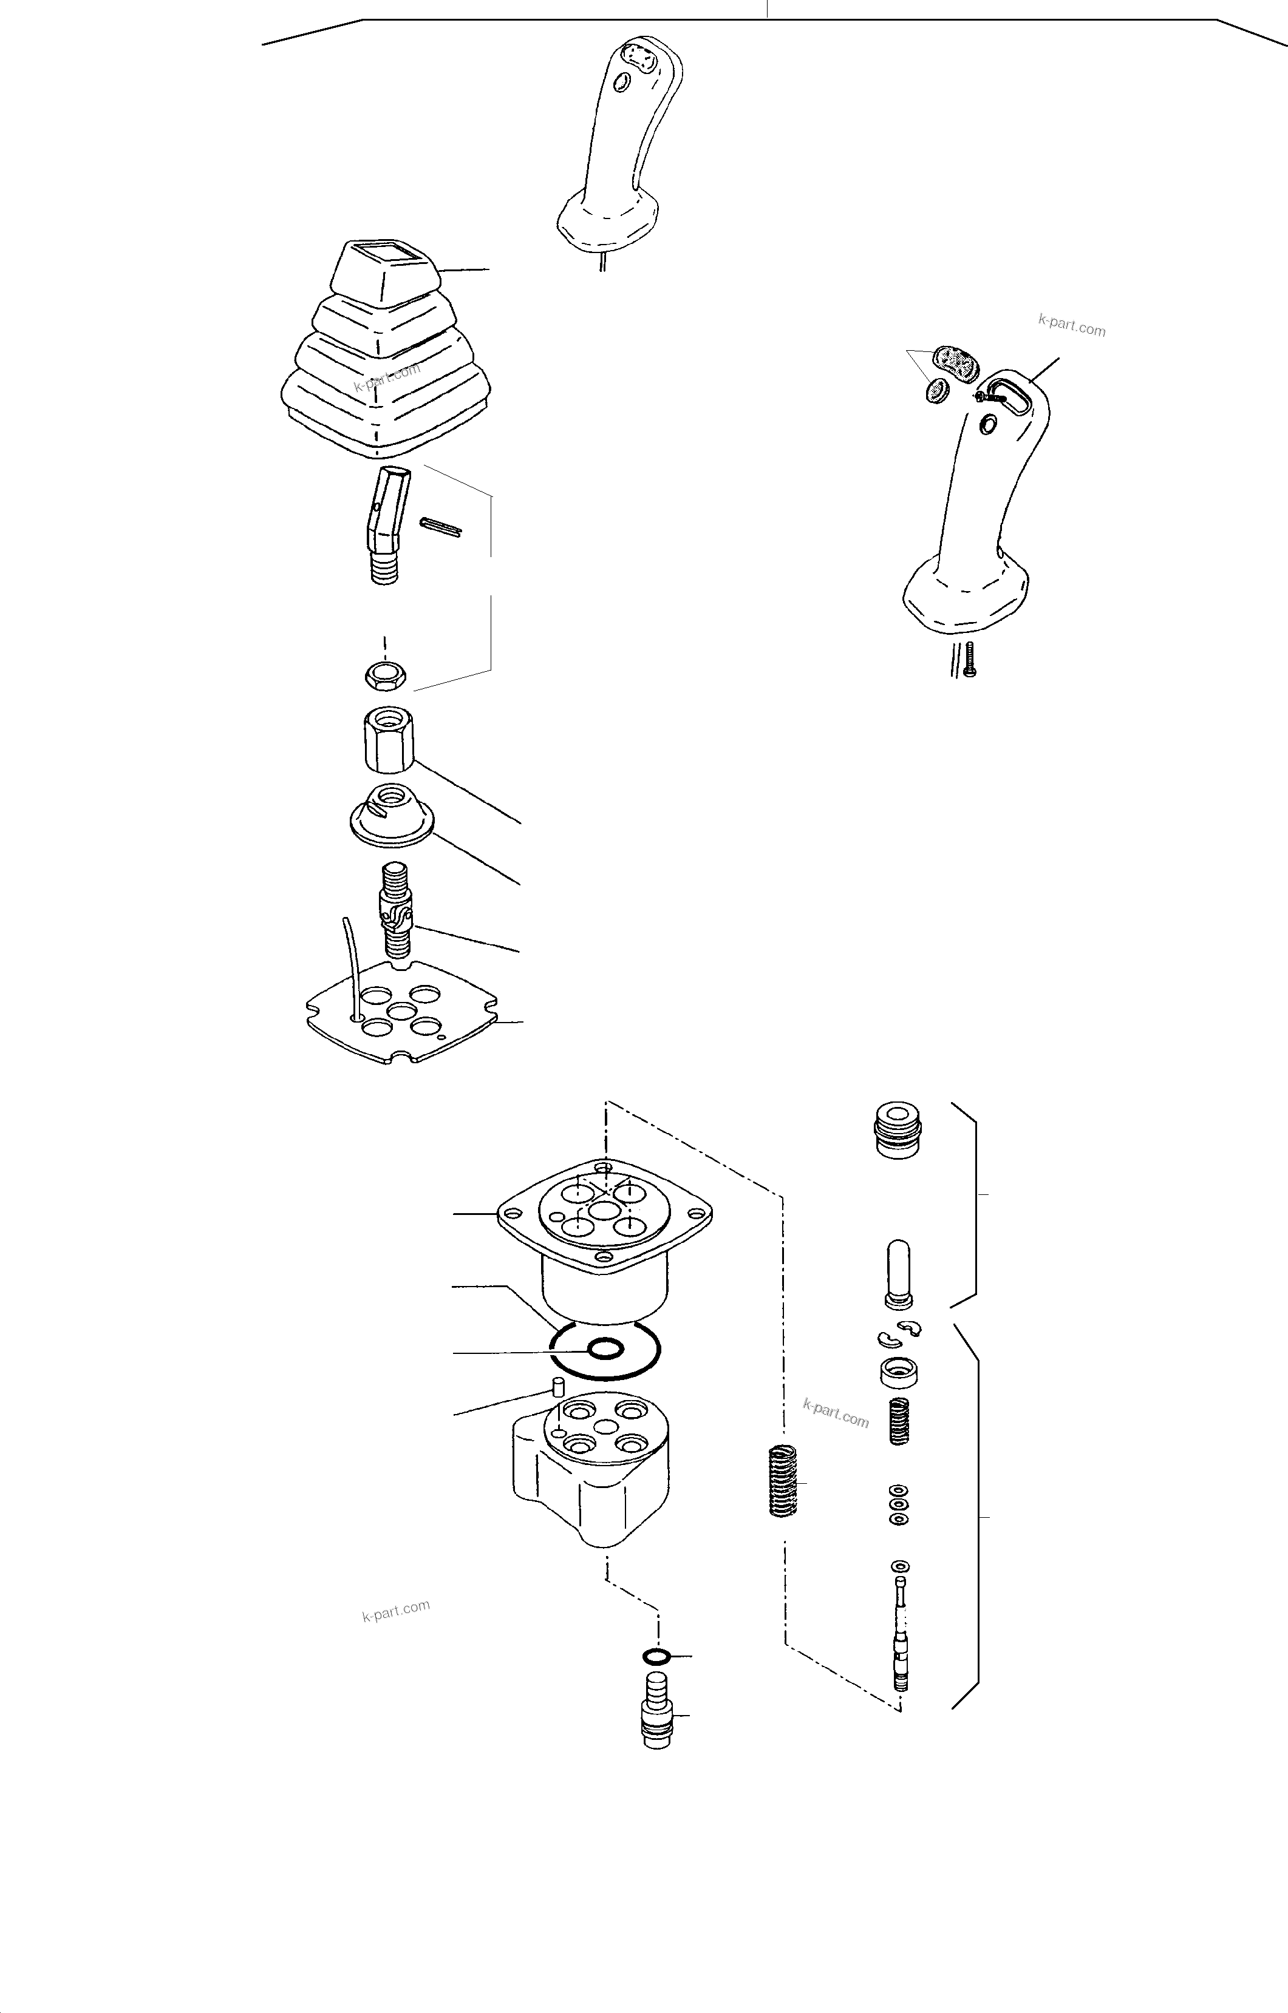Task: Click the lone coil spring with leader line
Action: [x=782, y=1481]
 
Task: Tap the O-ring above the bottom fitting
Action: [x=656, y=1656]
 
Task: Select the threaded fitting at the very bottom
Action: [x=658, y=1712]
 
